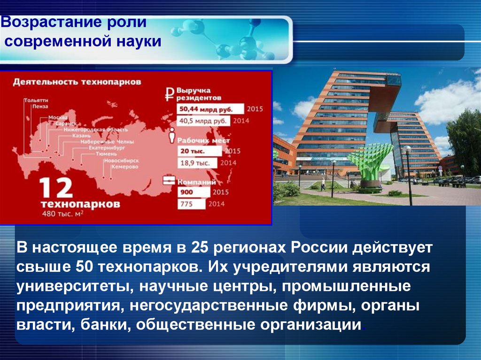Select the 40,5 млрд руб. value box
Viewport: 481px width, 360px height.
pos(203,121)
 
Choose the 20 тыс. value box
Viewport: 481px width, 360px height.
pos(199,151)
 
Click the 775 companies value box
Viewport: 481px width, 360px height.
pos(191,205)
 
